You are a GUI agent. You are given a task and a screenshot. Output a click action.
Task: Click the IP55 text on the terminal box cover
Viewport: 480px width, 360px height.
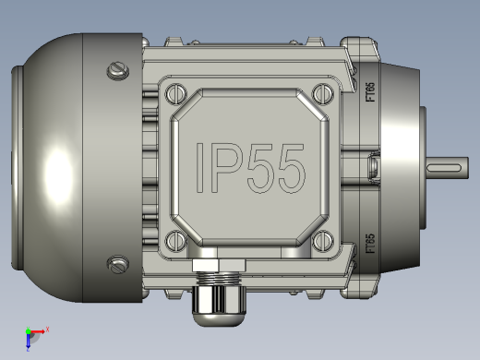(x=250, y=168)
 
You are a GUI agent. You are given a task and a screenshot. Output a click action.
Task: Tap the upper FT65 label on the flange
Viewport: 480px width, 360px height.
(x=370, y=91)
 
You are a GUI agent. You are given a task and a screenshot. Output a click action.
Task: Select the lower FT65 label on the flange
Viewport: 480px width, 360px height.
(x=370, y=244)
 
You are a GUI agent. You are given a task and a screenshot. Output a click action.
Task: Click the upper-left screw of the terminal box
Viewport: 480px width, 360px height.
(x=176, y=93)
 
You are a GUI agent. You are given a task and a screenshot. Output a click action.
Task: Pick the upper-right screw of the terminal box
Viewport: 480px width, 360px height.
(x=323, y=93)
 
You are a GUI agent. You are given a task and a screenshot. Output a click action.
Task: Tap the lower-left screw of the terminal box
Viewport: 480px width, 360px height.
(x=176, y=241)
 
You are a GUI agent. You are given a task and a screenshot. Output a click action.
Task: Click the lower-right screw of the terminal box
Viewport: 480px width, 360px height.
(x=323, y=241)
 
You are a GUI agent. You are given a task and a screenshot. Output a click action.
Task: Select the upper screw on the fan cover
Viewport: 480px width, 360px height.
(x=118, y=71)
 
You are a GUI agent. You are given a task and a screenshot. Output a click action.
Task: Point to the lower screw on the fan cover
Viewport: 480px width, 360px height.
(x=118, y=264)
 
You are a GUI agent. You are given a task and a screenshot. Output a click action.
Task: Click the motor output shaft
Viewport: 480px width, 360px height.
(x=448, y=168)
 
